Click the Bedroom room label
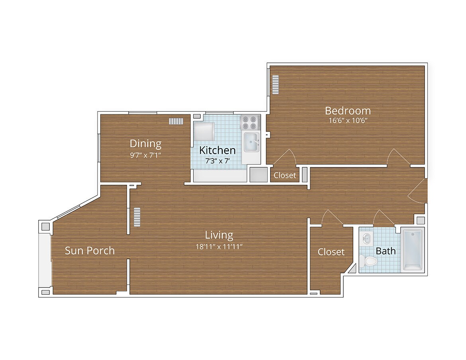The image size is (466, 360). [348, 110]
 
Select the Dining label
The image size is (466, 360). [145, 143]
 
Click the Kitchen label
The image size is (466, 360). [217, 151]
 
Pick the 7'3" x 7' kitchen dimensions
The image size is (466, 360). [217, 161]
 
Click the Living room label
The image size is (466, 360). [219, 235]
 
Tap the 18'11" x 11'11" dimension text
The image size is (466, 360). [219, 246]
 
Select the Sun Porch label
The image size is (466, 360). [90, 250]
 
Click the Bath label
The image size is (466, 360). [386, 251]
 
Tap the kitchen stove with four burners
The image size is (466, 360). [250, 122]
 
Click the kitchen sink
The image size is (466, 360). [251, 142]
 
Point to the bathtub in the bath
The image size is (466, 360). [413, 250]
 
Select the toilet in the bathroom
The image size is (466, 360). [369, 261]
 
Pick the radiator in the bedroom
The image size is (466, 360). [275, 85]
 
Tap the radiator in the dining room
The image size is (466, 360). [176, 121]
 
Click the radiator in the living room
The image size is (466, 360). [137, 217]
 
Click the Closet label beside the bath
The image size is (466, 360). [331, 252]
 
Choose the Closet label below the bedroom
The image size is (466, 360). [285, 175]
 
